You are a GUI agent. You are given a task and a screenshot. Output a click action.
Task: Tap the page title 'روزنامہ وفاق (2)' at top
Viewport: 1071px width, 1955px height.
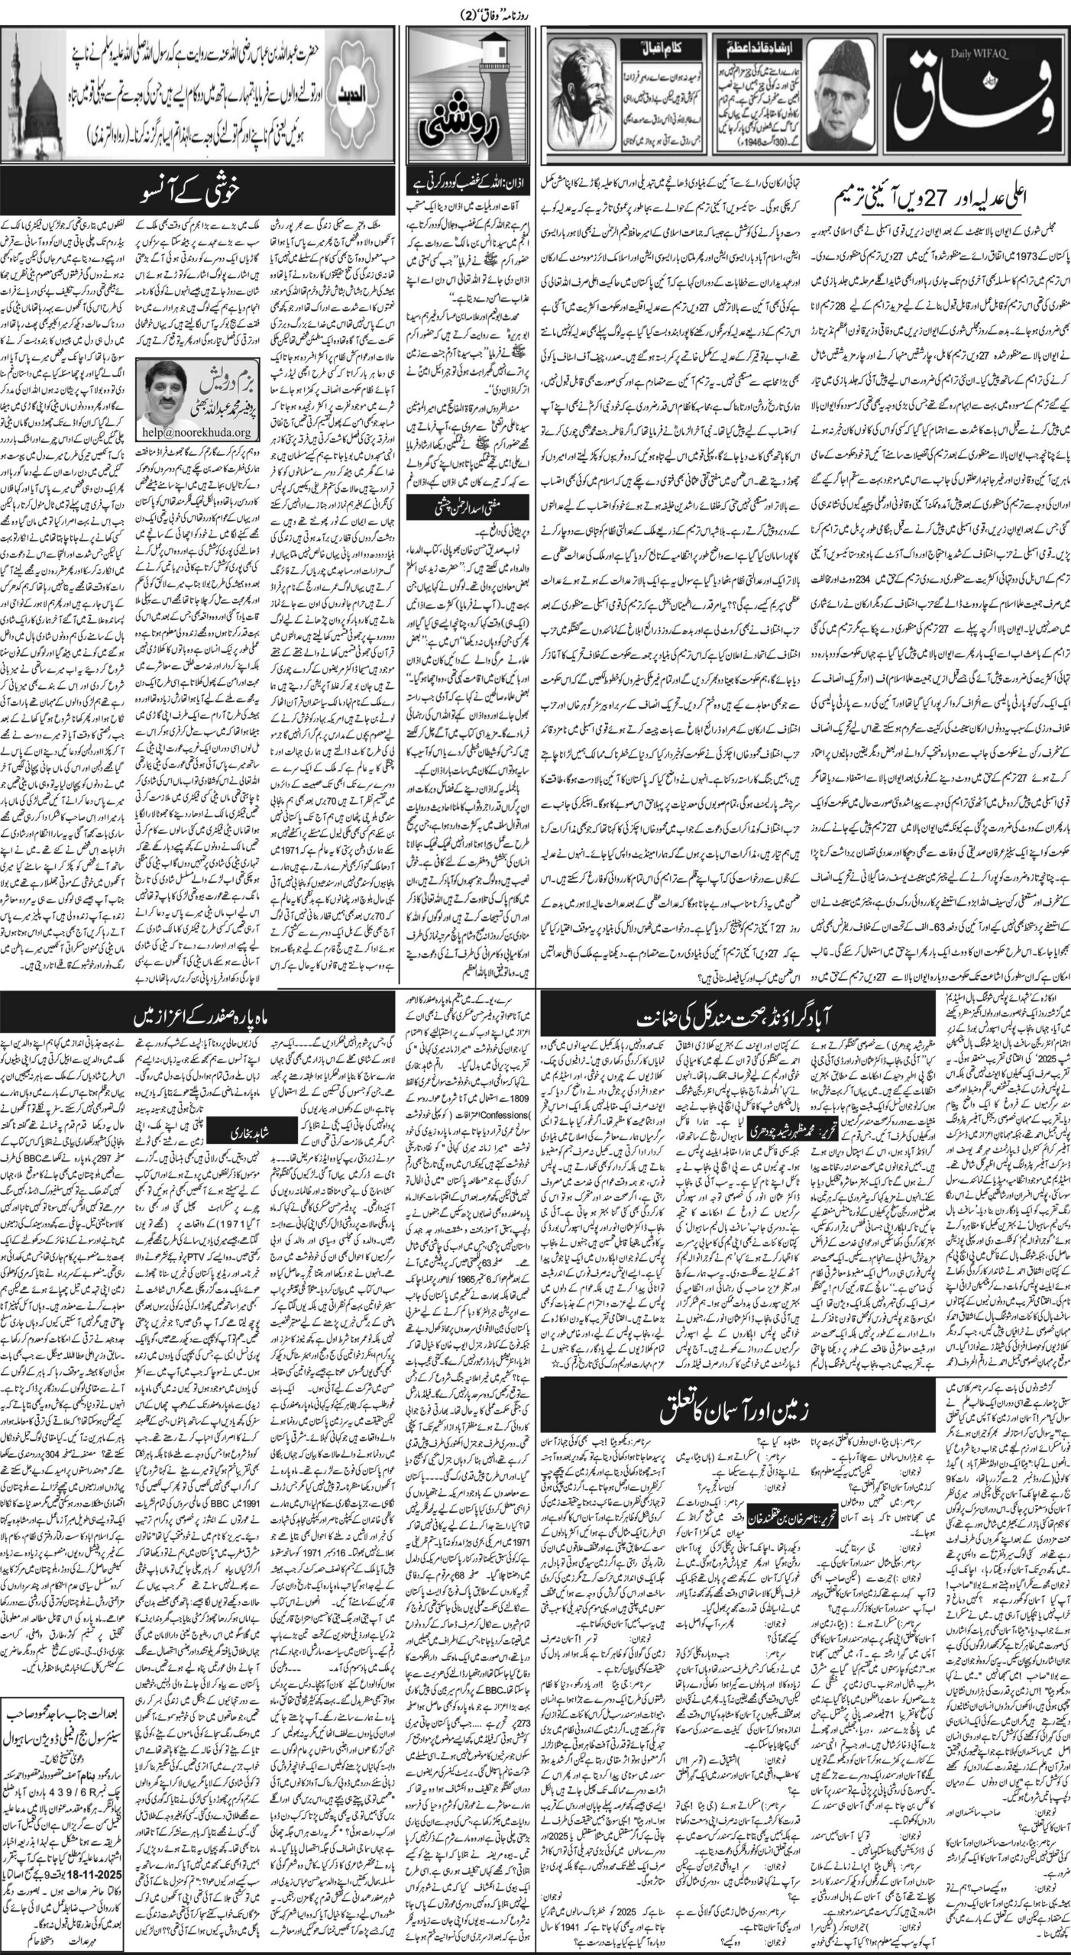tap(535, 11)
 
